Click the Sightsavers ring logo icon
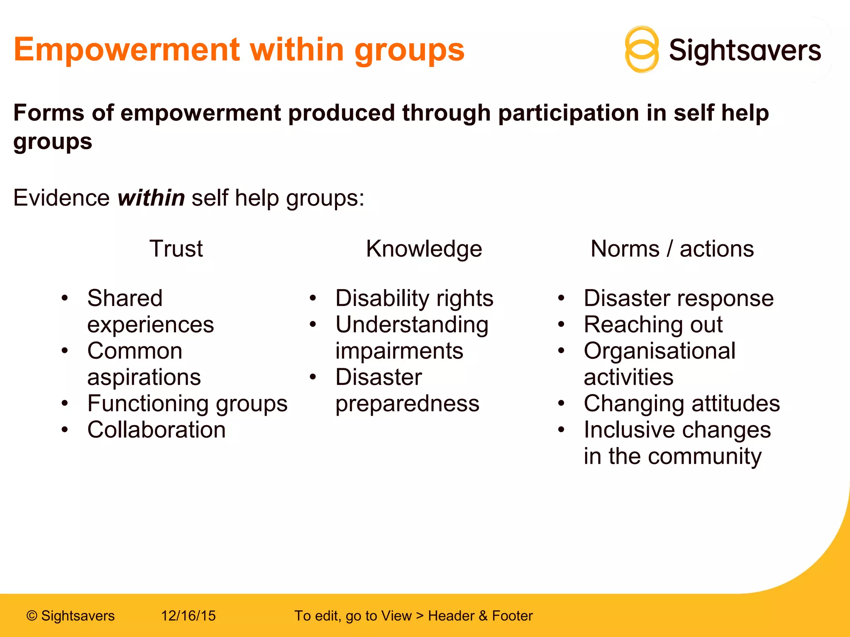click(x=641, y=50)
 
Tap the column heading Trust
click(x=176, y=249)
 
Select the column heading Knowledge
click(x=424, y=249)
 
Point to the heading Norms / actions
click(x=672, y=249)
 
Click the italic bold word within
click(x=151, y=197)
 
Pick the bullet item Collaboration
click(x=156, y=430)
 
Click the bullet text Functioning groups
click(x=187, y=404)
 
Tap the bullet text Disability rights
click(x=414, y=298)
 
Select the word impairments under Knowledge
click(x=399, y=351)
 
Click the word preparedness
click(x=407, y=404)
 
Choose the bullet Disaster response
click(x=679, y=298)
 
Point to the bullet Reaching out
click(x=653, y=324)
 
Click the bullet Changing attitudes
click(x=681, y=404)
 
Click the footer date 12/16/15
click(x=188, y=616)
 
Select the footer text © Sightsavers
click(x=71, y=616)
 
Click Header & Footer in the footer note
click(x=480, y=616)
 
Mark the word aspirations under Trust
click(x=144, y=377)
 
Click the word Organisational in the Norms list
click(x=659, y=351)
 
